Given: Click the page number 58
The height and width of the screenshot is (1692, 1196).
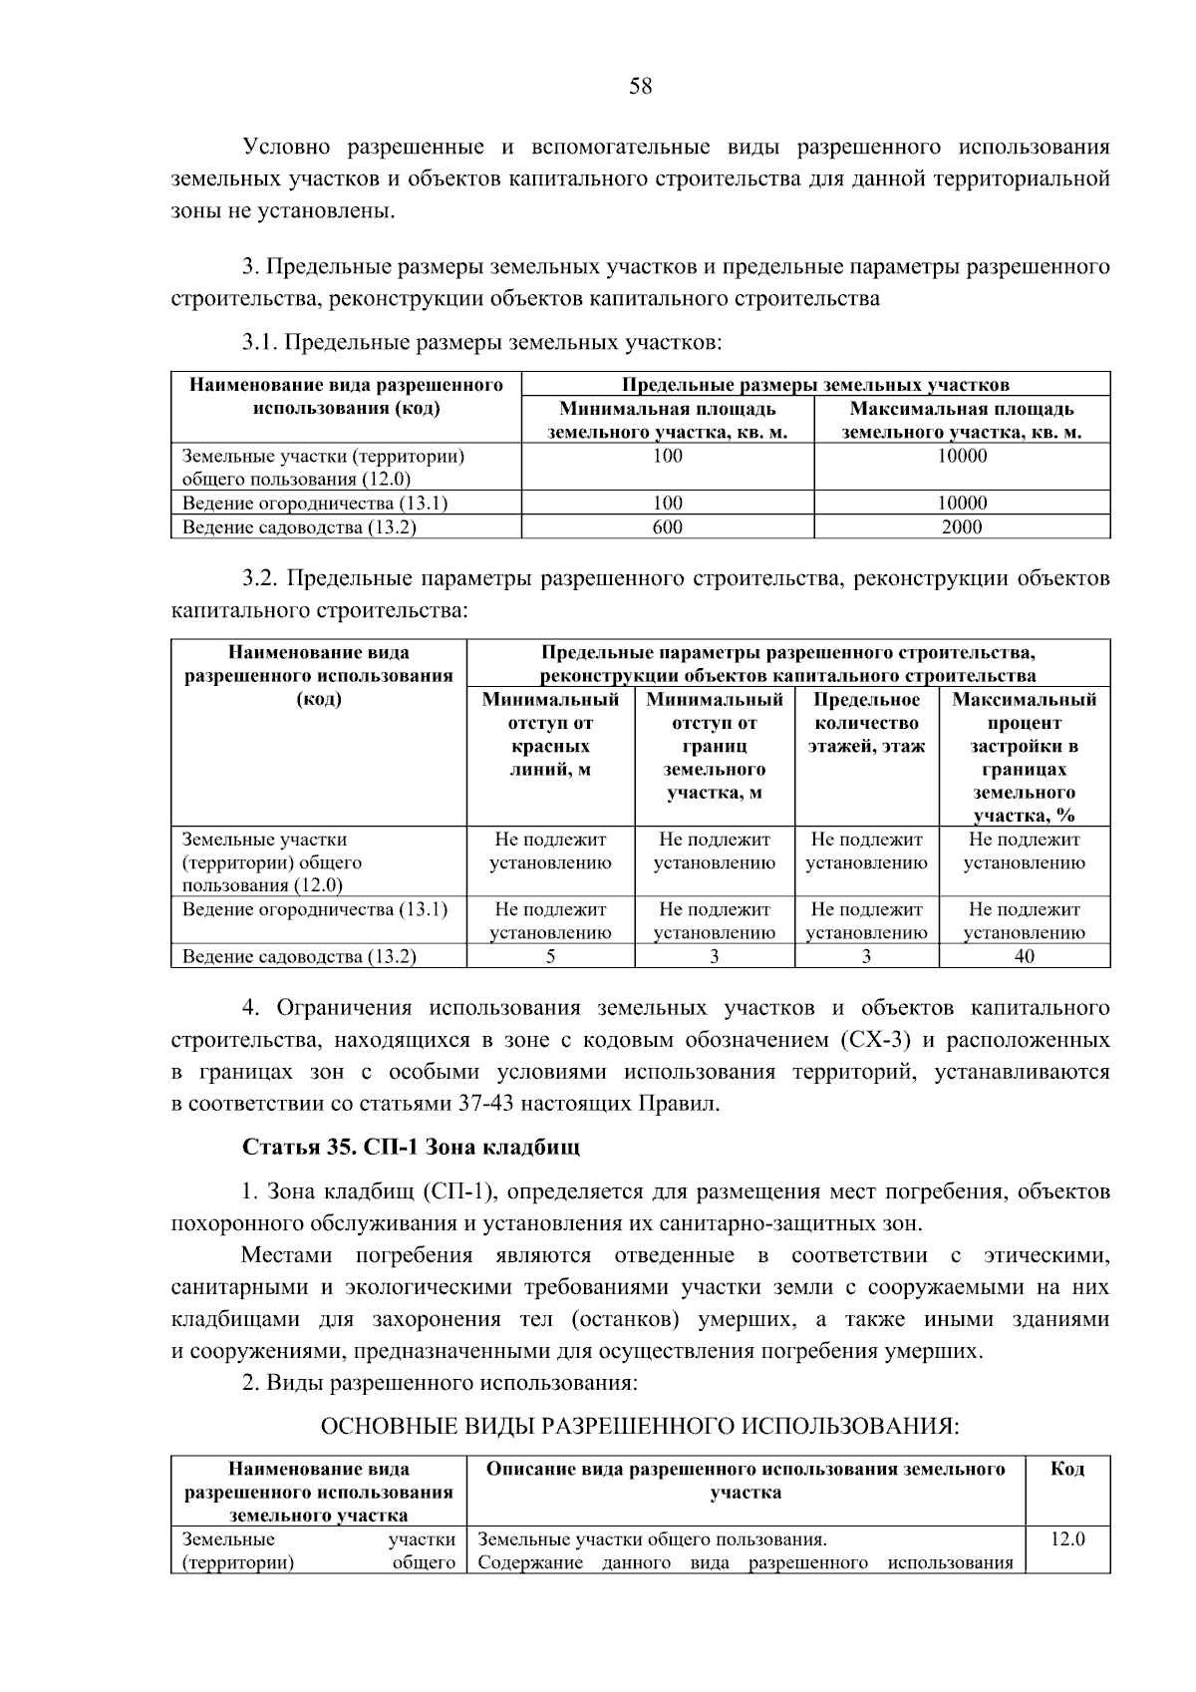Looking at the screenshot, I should (640, 87).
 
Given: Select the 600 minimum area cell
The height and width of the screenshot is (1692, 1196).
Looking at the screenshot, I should (667, 527).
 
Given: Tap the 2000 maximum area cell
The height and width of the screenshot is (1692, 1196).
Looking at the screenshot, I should (962, 527).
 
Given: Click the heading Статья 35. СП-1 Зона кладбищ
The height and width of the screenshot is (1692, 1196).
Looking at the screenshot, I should (411, 1147).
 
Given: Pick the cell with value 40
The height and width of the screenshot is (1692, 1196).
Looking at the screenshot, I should (1024, 956).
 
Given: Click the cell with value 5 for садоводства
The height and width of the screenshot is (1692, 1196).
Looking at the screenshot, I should (550, 956).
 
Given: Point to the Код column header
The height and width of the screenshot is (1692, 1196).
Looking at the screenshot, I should (1067, 1469).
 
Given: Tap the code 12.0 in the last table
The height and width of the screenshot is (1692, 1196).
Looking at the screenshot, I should (1067, 1539).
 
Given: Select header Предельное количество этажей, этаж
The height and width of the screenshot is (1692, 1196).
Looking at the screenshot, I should (866, 723).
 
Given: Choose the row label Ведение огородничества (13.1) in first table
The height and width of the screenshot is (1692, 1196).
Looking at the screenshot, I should (314, 504).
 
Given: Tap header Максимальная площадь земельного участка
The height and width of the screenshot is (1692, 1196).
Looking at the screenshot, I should (962, 421).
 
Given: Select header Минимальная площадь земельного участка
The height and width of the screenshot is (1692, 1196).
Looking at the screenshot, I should (667, 421).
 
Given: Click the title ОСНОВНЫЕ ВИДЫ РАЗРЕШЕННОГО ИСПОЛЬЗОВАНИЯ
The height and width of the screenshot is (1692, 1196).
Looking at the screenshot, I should (639, 1426).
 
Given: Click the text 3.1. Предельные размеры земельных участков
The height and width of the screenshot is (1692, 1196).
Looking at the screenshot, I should (481, 343).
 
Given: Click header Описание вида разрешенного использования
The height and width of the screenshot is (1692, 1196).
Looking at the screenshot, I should (746, 1481).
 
